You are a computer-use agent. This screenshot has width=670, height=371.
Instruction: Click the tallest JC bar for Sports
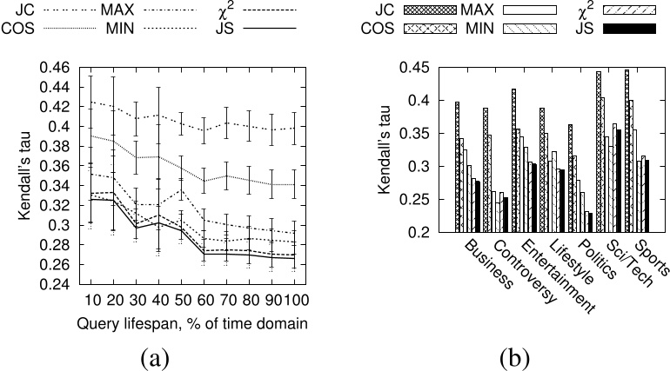coord(626,150)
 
